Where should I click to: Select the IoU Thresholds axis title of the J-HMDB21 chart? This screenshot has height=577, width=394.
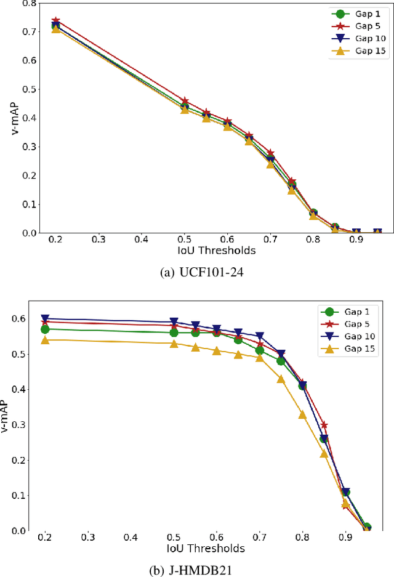(206, 548)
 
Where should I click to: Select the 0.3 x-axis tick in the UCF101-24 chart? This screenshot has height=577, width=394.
(98, 239)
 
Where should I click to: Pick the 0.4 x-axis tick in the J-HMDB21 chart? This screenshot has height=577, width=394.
(131, 537)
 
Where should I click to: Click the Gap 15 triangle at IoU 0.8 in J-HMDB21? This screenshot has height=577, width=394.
(302, 414)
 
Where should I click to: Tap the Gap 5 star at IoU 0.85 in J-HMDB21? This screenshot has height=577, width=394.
(324, 425)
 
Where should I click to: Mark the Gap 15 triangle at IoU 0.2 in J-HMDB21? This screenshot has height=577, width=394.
(45, 340)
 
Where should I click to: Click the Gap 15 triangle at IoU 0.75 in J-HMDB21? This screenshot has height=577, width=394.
(281, 379)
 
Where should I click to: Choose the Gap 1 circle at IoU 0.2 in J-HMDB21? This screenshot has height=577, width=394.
(45, 329)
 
